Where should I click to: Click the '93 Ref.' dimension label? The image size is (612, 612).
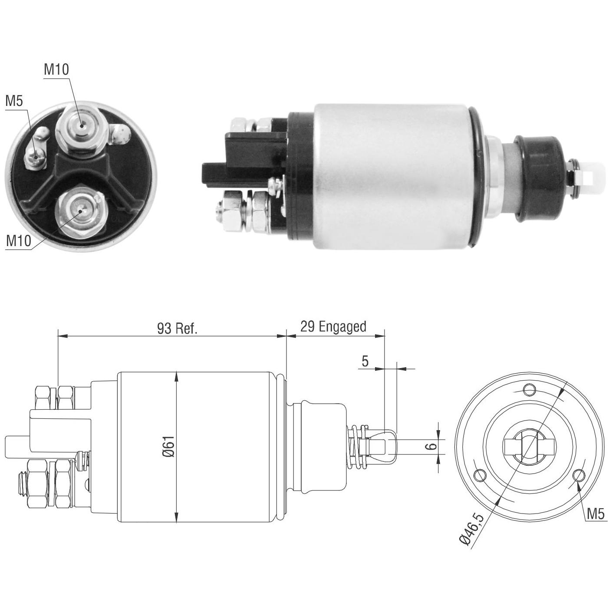click(x=177, y=329)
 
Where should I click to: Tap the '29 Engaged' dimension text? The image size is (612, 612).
click(x=333, y=327)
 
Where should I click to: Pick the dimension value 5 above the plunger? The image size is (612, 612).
click(x=365, y=361)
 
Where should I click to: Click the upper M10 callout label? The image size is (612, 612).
click(x=56, y=69)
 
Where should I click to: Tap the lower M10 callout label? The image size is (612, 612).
click(x=19, y=240)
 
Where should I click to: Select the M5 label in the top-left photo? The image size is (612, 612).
click(x=14, y=101)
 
